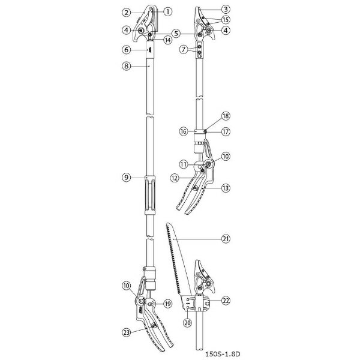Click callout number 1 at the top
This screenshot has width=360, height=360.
167,11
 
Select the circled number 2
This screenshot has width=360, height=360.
126,12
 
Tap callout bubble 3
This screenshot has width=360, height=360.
225,10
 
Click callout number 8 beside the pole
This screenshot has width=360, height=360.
126,67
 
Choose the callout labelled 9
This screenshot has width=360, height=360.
126,177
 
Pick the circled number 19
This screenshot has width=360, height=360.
168,304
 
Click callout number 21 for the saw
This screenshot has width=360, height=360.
225,239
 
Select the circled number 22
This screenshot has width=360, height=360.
225,300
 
